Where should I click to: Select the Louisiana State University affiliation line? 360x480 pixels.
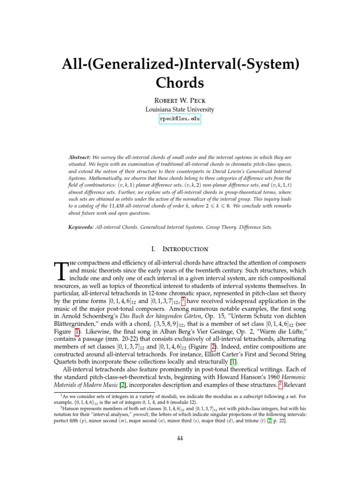180,110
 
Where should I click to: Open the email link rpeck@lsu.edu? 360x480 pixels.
180,120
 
